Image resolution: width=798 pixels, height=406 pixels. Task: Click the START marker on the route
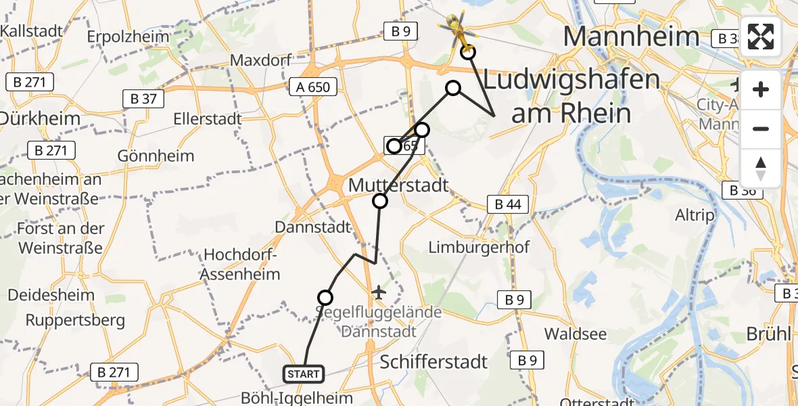tap(304, 374)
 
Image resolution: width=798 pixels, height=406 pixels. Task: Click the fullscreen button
tap(761, 37)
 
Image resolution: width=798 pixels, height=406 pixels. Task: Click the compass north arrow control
tap(761, 168)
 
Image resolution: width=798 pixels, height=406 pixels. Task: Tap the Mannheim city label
tap(630, 36)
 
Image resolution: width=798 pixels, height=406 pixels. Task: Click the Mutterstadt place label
tap(398, 184)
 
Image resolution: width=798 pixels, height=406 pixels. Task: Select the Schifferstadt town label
tap(433, 361)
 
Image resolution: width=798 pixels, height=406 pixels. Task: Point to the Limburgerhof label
tap(479, 247)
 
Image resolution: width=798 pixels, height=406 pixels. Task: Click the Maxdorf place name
tap(255, 60)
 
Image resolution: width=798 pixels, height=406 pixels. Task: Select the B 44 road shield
tap(508, 204)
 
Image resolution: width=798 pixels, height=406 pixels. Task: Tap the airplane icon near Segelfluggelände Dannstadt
tap(379, 293)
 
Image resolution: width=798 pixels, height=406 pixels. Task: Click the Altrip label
tap(695, 215)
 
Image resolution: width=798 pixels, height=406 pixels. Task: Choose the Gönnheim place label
tap(156, 156)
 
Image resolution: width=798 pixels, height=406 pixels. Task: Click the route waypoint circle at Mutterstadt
tap(380, 200)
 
